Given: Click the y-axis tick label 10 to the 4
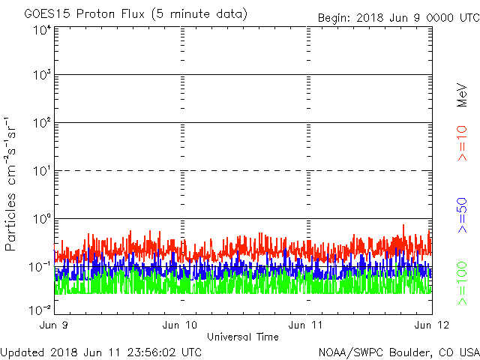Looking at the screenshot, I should pyautogui.click(x=41, y=31).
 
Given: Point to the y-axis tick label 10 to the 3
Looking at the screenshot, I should pyautogui.click(x=41, y=76).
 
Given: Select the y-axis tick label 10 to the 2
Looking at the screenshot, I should pyautogui.click(x=41, y=123).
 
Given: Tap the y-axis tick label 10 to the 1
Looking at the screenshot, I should pyautogui.click(x=41, y=171).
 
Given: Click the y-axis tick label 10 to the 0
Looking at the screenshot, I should pyautogui.click(x=41, y=219).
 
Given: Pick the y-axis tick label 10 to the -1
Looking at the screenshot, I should pyautogui.click(x=40, y=266).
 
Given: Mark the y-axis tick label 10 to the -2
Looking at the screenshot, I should pyautogui.click(x=40, y=310).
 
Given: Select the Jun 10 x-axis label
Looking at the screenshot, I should pyautogui.click(x=180, y=325).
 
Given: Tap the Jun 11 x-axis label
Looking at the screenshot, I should pyautogui.click(x=306, y=325).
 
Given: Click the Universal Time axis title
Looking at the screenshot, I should pyautogui.click(x=242, y=337).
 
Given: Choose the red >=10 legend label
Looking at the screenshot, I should pyautogui.click(x=463, y=143).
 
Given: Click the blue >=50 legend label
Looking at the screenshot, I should pyautogui.click(x=463, y=217).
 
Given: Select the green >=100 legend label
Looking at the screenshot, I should pyautogui.click(x=463, y=283).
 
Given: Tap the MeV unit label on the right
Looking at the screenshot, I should pyautogui.click(x=463, y=94).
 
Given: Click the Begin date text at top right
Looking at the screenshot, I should pyautogui.click(x=397, y=17).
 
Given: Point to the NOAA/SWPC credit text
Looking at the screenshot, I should pyautogui.click(x=398, y=352).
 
